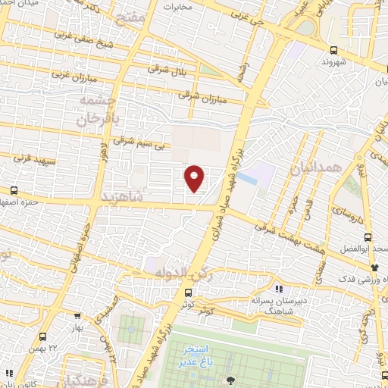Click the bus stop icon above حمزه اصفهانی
(x=14, y=191)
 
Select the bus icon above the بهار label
(x=78, y=318)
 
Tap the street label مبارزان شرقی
(x=199, y=95)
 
